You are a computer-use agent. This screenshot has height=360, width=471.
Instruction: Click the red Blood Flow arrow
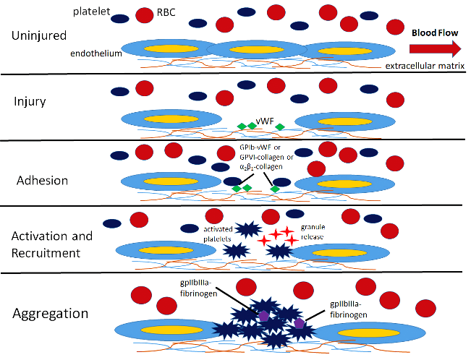click(435, 48)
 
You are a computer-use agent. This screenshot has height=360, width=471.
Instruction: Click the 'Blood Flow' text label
click(435, 33)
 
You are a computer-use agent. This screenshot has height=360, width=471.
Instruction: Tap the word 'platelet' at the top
click(92, 12)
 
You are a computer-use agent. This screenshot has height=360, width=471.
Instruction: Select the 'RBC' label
click(166, 12)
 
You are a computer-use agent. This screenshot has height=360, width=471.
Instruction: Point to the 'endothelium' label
click(96, 53)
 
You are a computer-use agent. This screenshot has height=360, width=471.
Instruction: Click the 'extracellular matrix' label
click(425, 66)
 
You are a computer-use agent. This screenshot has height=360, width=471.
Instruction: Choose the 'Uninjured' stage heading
click(39, 35)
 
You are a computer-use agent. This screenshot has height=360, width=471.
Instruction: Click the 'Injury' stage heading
click(30, 101)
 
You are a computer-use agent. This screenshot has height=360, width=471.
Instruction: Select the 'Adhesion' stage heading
click(43, 181)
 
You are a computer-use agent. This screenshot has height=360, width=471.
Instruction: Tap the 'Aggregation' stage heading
click(51, 314)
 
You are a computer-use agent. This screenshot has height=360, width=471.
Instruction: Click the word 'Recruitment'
click(46, 253)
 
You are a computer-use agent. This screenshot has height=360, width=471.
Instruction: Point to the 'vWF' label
click(265, 121)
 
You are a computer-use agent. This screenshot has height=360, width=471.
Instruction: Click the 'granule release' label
click(313, 232)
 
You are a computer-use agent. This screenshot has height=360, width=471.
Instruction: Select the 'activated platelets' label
click(218, 234)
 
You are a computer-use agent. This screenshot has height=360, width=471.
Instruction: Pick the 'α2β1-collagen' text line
click(261, 167)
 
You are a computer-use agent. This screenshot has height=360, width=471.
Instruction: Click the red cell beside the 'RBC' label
click(145, 15)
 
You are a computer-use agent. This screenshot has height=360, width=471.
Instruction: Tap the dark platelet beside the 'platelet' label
click(120, 19)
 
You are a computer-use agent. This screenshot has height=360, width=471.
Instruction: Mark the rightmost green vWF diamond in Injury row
click(280, 127)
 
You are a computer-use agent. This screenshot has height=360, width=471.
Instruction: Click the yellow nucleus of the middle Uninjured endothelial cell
click(257, 50)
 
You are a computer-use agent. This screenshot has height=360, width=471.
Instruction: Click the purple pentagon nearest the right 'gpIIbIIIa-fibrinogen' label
click(300, 323)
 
